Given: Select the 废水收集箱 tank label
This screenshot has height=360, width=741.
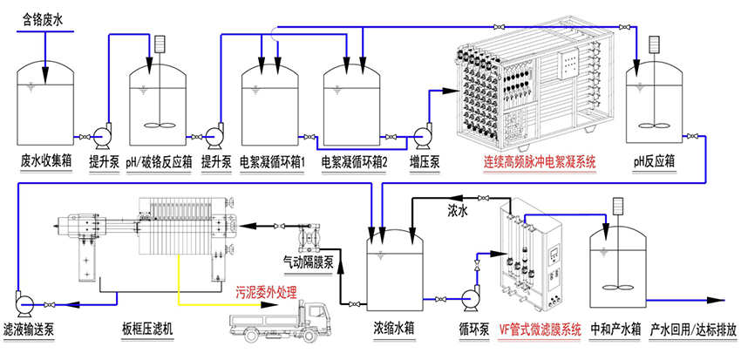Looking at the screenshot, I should (x=48, y=161).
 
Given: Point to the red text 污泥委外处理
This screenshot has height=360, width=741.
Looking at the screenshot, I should (x=267, y=291).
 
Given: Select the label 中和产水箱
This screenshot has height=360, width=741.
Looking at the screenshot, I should (x=615, y=331).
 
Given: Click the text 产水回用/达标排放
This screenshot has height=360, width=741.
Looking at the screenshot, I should (x=694, y=331).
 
